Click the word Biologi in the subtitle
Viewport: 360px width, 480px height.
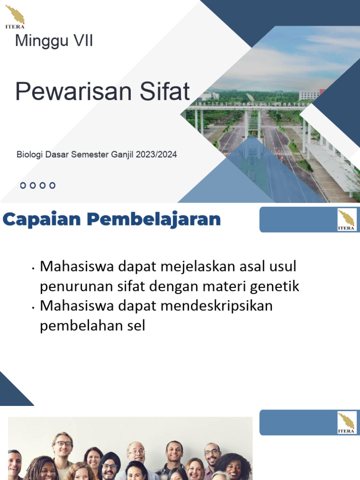(29, 154)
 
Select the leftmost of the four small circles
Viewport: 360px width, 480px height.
(23, 186)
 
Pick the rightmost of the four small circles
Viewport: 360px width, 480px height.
(52, 186)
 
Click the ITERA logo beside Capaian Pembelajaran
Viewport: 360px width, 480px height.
(346, 219)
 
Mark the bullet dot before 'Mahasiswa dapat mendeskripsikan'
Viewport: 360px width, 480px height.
(34, 308)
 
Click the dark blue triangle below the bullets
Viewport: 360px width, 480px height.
(12, 391)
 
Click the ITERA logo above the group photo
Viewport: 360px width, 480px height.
(346, 422)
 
